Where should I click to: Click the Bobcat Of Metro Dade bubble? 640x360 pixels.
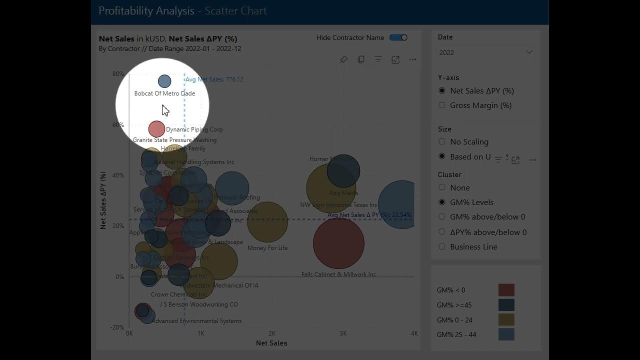[164, 81]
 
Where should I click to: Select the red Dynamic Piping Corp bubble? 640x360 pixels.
[156, 129]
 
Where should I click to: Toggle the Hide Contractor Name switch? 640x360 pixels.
[398, 37]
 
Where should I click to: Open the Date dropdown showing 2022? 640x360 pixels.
[485, 52]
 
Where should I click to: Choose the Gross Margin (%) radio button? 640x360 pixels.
[442, 105]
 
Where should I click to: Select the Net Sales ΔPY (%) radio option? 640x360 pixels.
[442, 91]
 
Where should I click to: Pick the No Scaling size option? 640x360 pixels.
[442, 142]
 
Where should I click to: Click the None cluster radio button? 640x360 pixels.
[442, 187]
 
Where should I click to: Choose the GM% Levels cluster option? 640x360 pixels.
[442, 202]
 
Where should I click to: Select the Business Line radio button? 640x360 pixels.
[442, 246]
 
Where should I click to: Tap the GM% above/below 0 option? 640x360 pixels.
[442, 217]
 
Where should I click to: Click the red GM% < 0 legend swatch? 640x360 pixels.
[506, 290]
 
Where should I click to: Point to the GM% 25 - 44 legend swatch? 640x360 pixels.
[506, 334]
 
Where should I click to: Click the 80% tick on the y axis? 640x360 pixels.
[118, 74]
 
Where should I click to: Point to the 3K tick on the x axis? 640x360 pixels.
[343, 333]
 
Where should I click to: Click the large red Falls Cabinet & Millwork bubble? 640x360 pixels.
[338, 243]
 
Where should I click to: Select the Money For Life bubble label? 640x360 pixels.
[267, 248]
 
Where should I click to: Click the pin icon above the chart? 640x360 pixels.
[343, 59]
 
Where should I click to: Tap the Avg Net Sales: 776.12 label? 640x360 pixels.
[214, 79]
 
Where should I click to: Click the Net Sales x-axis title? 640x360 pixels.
[271, 343]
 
